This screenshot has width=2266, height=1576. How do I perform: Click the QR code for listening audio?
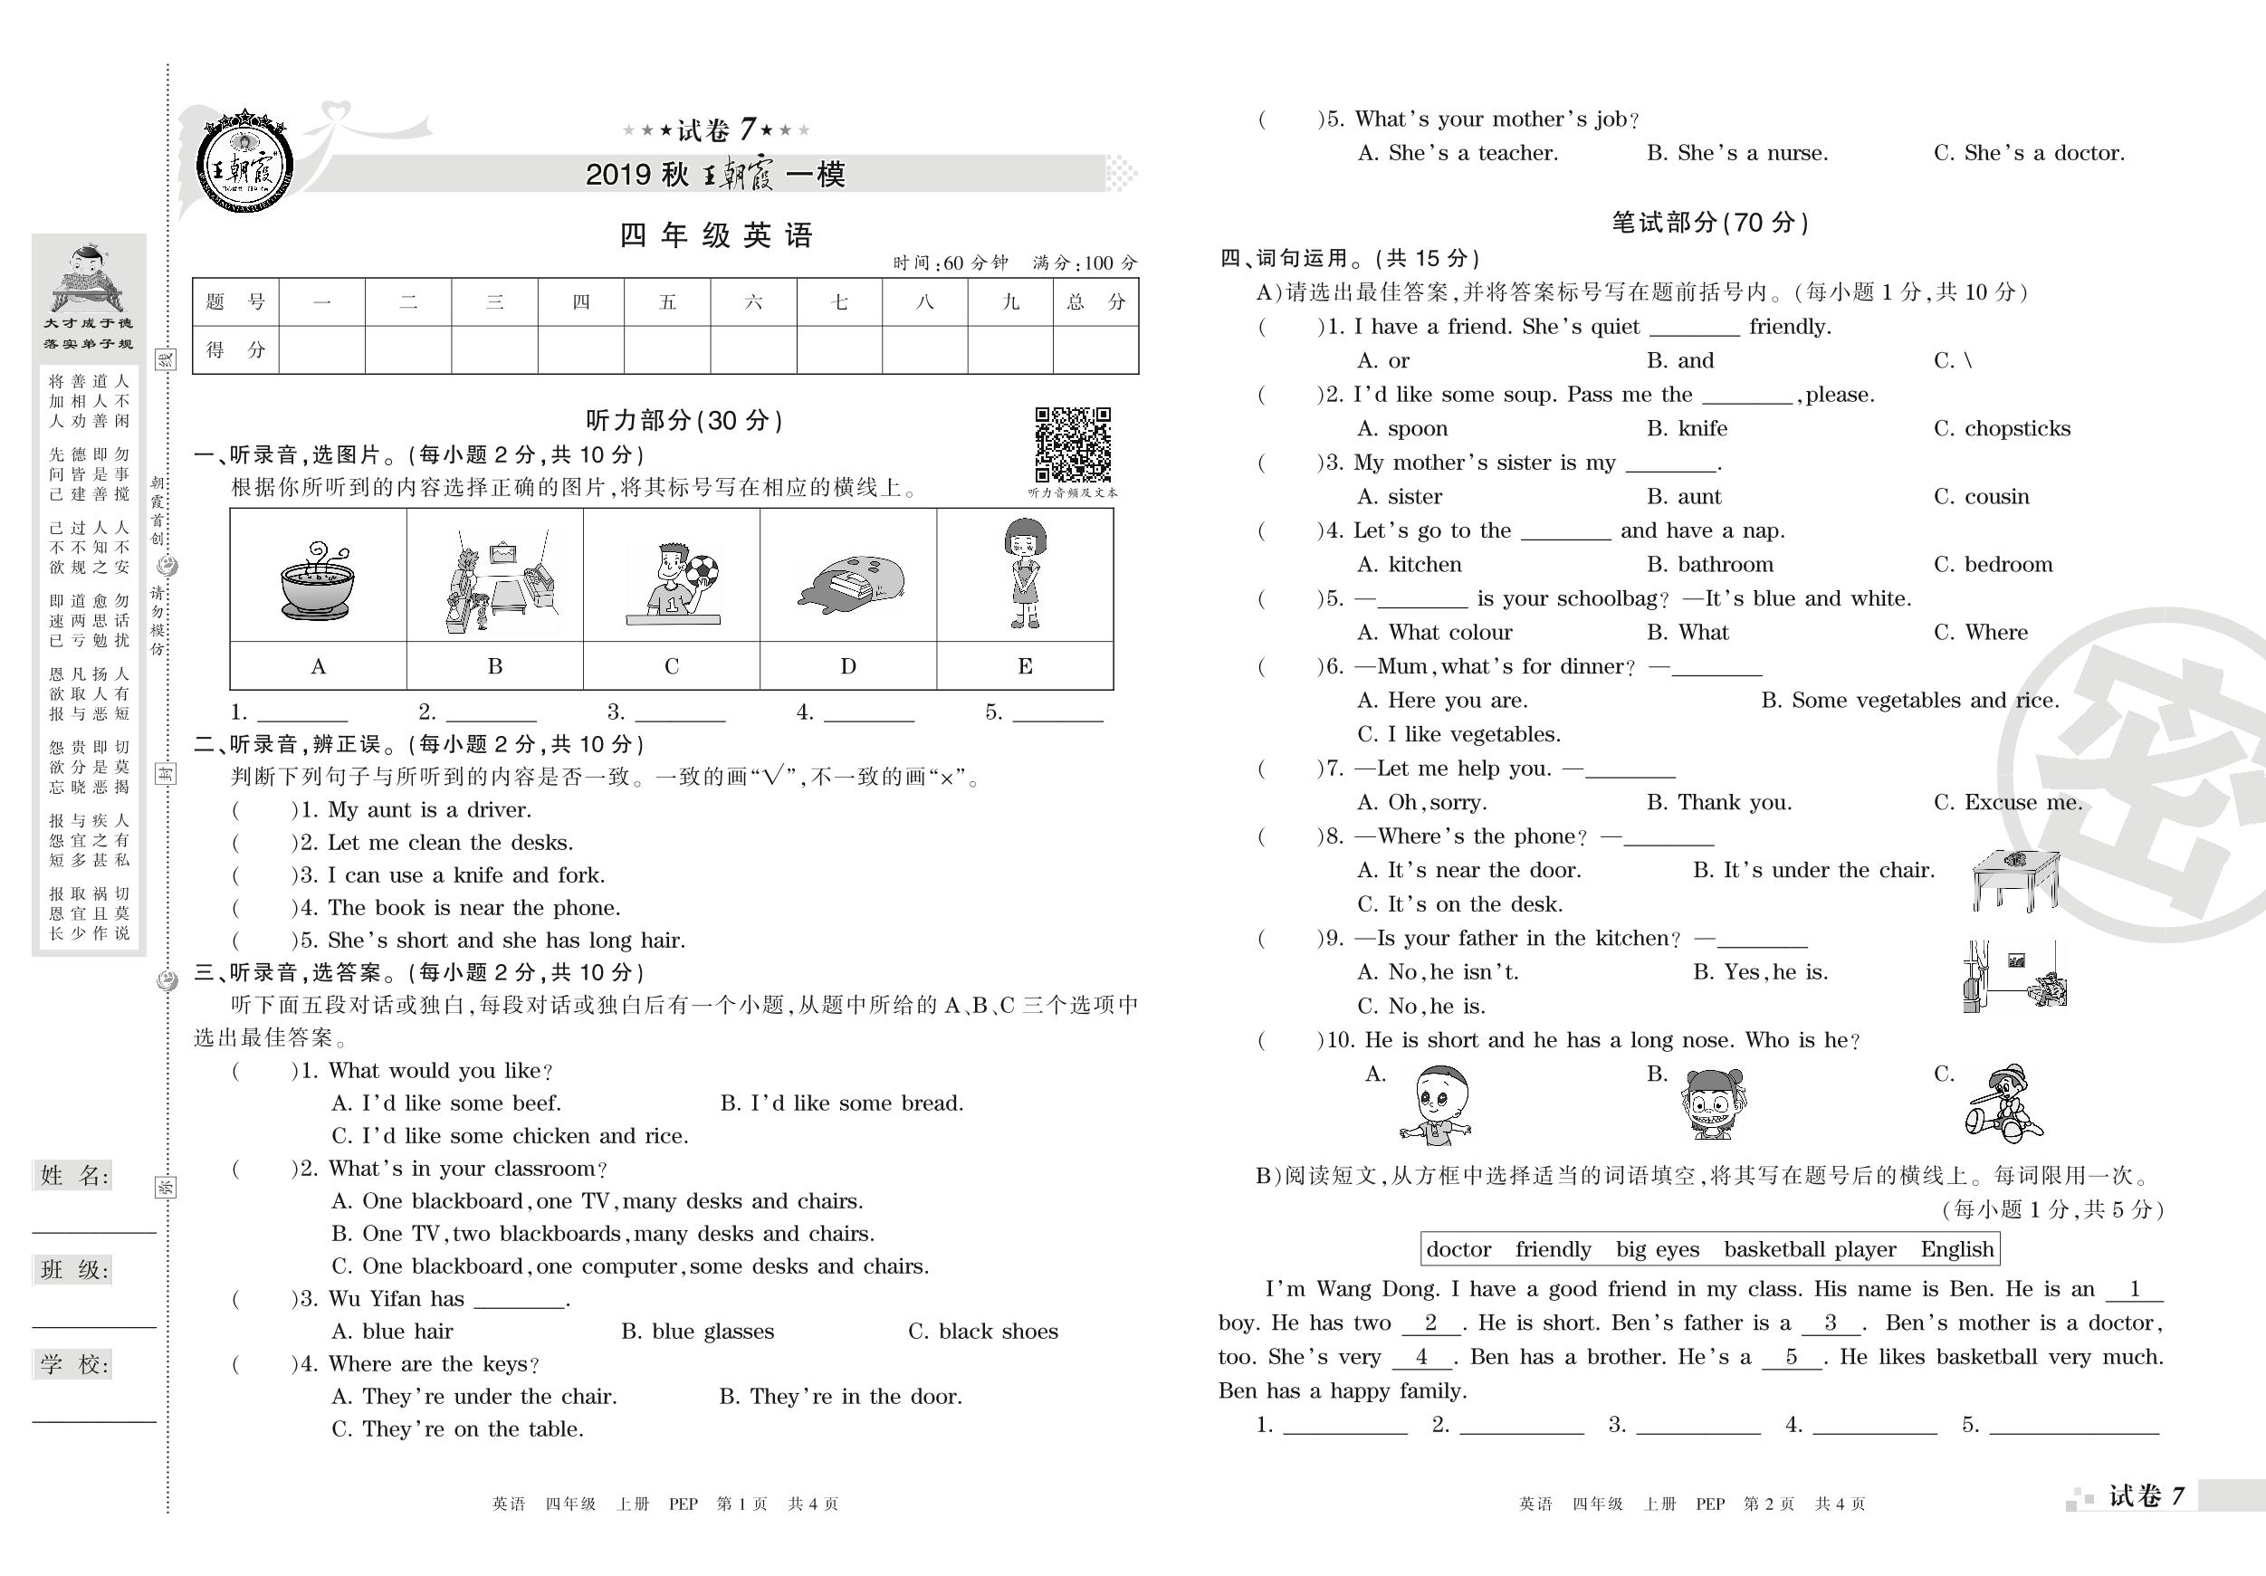point(1073,444)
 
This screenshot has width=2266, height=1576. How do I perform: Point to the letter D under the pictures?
point(847,667)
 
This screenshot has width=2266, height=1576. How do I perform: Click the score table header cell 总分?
point(1095,302)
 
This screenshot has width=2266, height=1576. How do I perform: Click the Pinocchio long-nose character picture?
point(2003,1103)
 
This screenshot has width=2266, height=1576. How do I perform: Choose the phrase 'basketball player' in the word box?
point(1809,1249)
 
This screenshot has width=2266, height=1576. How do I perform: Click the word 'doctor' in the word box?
point(1458,1249)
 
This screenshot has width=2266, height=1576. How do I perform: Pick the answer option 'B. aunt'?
point(1684,496)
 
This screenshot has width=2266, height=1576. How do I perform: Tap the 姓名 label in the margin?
point(74,1175)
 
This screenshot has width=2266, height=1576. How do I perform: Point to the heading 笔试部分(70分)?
point(1709,223)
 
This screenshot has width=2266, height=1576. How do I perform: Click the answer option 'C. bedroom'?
point(1993,565)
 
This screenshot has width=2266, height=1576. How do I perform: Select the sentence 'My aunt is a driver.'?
point(429,810)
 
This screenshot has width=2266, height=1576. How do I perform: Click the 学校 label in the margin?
point(74,1365)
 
